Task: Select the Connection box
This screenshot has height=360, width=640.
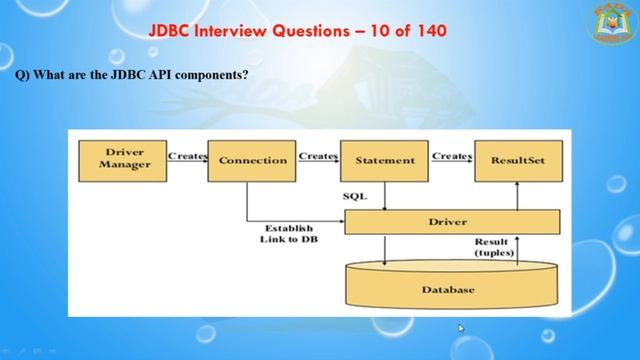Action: coord(252,160)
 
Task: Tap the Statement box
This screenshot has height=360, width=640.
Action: coord(384,160)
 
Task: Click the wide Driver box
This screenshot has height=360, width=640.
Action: coord(451,221)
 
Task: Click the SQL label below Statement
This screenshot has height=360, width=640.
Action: coord(355,196)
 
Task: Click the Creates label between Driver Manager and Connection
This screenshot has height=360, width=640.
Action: coord(187,156)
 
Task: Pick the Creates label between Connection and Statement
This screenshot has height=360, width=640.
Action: coord(318,156)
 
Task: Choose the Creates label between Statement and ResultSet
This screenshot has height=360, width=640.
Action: coord(451,156)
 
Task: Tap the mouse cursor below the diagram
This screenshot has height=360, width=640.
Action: coord(461,328)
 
